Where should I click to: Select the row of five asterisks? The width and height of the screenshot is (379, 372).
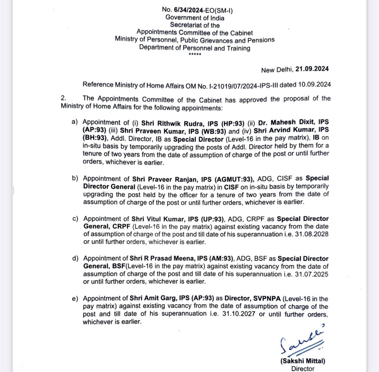click(195, 54)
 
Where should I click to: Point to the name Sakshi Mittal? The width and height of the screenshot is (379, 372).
click(303, 361)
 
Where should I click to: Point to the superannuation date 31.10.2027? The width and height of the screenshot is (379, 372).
click(239, 314)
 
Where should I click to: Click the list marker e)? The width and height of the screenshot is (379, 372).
click(75, 298)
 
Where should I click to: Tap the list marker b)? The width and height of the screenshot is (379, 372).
click(75, 178)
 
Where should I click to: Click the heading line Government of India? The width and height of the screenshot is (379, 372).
click(195, 18)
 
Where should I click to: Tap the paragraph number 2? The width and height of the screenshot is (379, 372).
click(63, 98)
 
